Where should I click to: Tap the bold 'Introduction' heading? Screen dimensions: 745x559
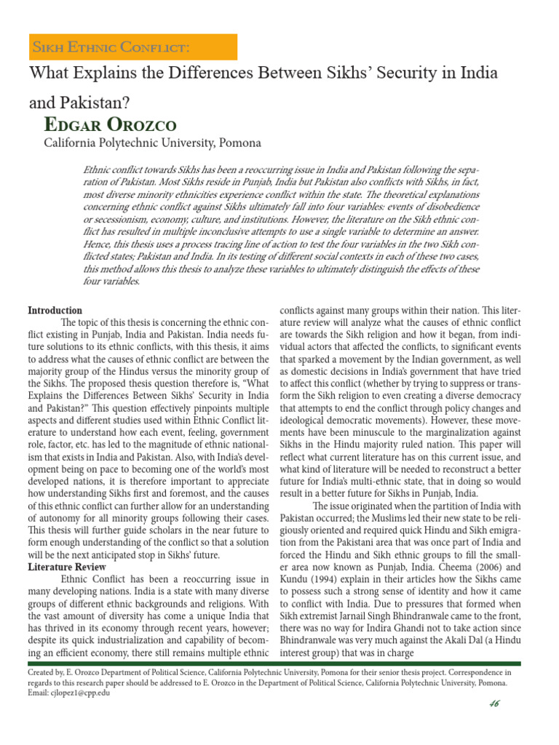(55, 310)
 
